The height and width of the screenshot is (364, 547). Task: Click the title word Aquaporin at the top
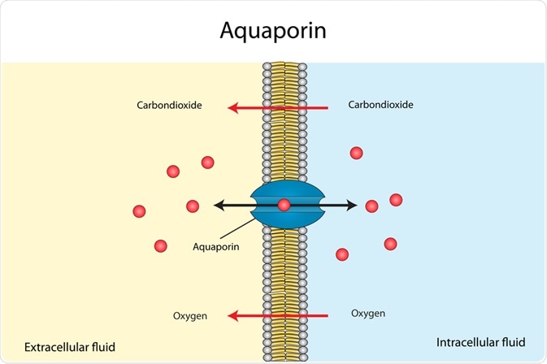pyautogui.click(x=273, y=31)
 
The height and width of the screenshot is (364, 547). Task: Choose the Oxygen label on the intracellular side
pyautogui.click(x=367, y=313)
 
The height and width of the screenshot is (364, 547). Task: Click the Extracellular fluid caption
pyautogui.click(x=69, y=347)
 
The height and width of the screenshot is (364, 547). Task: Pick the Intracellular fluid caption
pyautogui.click(x=481, y=341)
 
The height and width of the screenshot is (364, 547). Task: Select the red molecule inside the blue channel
pyautogui.click(x=284, y=205)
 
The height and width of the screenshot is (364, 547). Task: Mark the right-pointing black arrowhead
pyautogui.click(x=351, y=206)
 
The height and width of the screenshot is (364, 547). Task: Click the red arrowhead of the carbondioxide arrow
pyautogui.click(x=232, y=106)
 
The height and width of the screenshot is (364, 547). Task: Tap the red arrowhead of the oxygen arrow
pyautogui.click(x=232, y=315)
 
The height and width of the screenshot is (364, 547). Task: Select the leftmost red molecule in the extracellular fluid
pyautogui.click(x=139, y=211)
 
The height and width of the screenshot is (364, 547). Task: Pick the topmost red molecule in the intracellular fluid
pyautogui.click(x=356, y=153)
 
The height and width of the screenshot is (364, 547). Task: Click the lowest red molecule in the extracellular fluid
pyautogui.click(x=161, y=245)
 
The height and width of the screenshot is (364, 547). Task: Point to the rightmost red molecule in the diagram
pyautogui.click(x=396, y=200)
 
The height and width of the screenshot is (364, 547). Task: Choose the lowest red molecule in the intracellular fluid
pyautogui.click(x=342, y=254)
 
